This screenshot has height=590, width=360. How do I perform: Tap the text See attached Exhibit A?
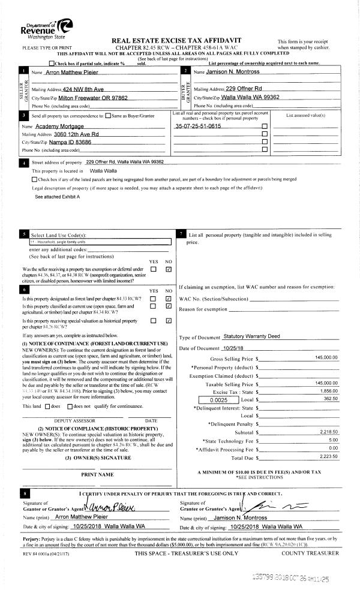pyautogui.click(x=58, y=197)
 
